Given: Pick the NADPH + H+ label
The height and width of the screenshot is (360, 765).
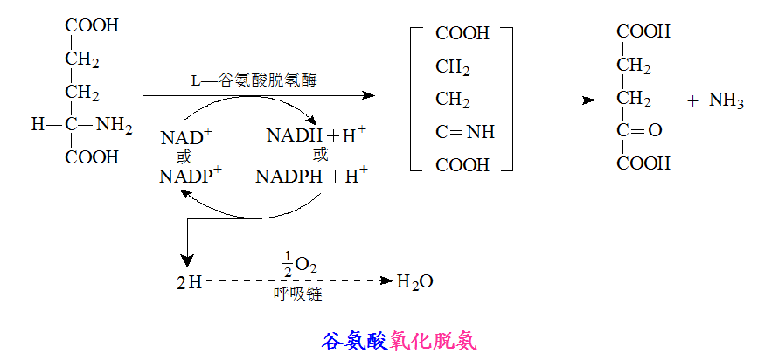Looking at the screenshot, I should pos(311,176).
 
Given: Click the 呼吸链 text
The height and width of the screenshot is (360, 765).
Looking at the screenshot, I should pos(297,295).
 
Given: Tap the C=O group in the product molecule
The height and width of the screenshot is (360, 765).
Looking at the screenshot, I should pos(641,131).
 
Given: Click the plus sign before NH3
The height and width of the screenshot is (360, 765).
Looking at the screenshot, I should pos(692,101).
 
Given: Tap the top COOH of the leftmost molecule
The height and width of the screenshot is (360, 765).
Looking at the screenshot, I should pos(92,26).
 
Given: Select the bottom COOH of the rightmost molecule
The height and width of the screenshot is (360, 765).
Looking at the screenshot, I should pos(643,163).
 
